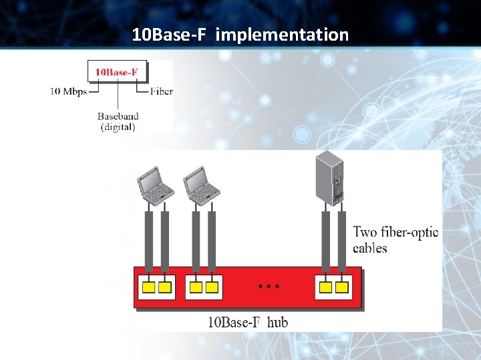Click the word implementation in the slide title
(x=282, y=35)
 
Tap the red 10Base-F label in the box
(x=118, y=71)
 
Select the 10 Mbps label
(x=68, y=92)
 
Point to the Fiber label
(x=161, y=91)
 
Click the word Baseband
(x=118, y=116)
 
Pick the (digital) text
(x=118, y=127)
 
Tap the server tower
(x=330, y=178)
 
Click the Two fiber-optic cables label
(x=395, y=240)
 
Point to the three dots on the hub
(x=268, y=286)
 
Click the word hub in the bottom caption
(x=277, y=323)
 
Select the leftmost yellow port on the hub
(x=148, y=287)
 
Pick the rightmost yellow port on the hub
(x=342, y=287)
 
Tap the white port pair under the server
(x=333, y=287)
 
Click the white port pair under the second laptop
(x=204, y=287)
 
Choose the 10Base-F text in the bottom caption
(x=233, y=323)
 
